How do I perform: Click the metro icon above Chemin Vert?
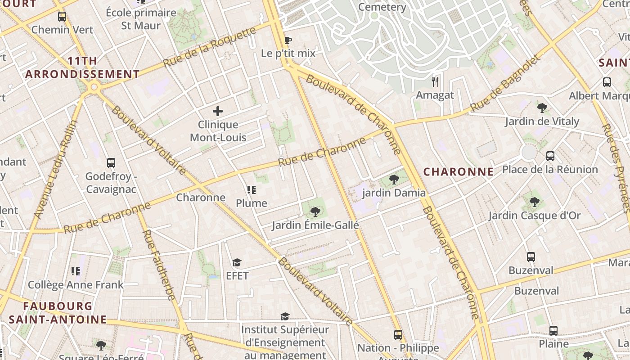[x=62, y=17]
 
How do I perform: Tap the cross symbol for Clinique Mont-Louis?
[x=218, y=111]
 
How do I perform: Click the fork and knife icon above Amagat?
[x=435, y=82]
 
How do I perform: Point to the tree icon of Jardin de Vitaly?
[x=542, y=108]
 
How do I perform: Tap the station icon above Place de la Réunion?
[x=550, y=156]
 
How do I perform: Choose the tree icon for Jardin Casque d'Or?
[x=534, y=202]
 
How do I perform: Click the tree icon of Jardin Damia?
[x=394, y=180]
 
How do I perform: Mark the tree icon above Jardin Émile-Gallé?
[x=315, y=211]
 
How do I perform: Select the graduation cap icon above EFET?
[x=237, y=262]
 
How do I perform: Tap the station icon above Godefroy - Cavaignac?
[x=111, y=163]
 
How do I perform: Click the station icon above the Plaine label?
[x=553, y=331]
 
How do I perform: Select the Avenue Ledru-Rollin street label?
[x=56, y=170]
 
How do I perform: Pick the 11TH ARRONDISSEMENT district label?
[x=83, y=67]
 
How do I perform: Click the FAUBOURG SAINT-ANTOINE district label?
[x=58, y=313]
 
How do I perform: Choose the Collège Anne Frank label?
[x=76, y=285]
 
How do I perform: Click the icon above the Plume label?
[x=252, y=190]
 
